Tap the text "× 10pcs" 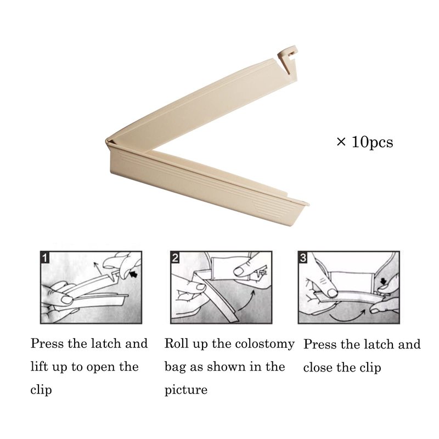point(365,142)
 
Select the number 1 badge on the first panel point(45,257)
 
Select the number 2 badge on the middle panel point(175,257)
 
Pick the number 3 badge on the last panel point(303,257)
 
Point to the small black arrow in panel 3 point(383,281)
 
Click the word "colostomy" point(264,345)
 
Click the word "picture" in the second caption point(186,390)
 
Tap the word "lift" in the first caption point(39,367)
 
